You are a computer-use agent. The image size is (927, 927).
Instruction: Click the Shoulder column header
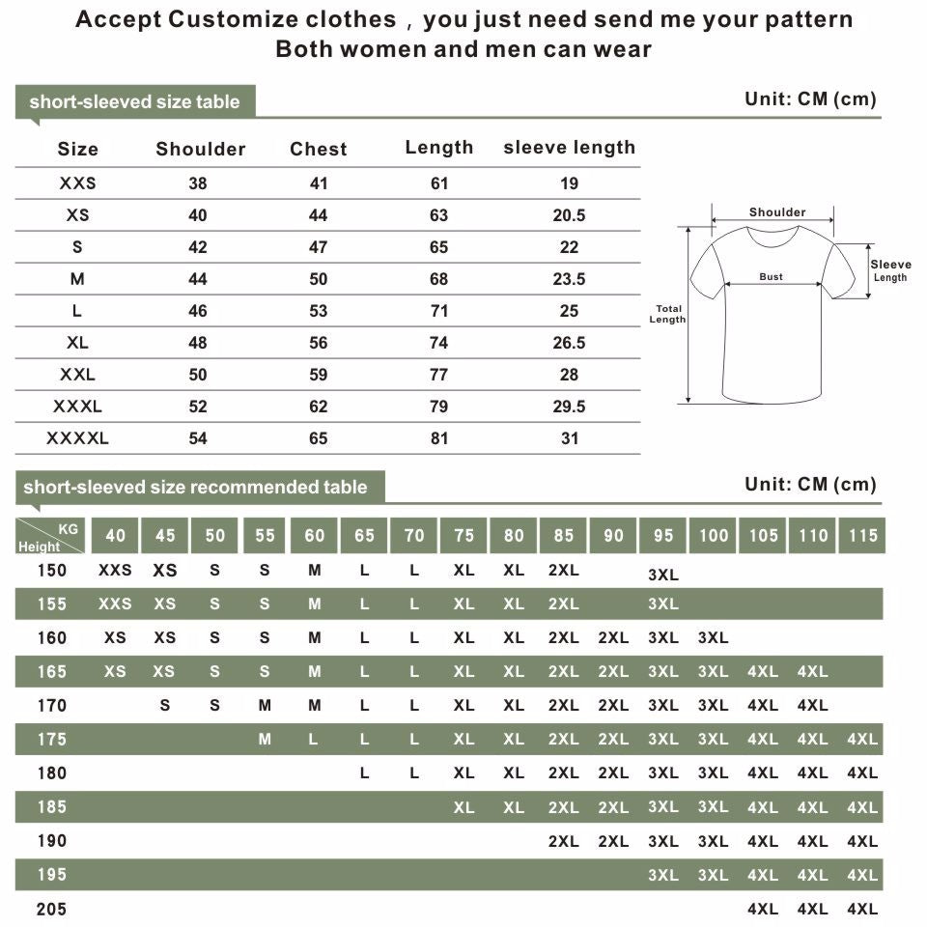click(x=201, y=149)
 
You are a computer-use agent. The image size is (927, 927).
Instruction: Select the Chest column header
click(x=319, y=149)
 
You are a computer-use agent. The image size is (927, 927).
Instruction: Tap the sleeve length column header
click(x=570, y=148)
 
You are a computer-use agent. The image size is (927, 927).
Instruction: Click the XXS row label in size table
click(x=77, y=183)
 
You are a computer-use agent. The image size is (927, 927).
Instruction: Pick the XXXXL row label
click(x=77, y=438)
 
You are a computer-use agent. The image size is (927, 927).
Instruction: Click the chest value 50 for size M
click(x=319, y=279)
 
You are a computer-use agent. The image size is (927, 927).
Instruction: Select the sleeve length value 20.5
click(x=570, y=215)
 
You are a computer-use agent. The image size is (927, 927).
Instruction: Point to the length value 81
click(x=439, y=438)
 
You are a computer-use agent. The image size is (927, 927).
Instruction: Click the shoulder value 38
click(x=198, y=183)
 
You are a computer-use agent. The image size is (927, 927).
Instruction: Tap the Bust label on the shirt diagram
click(x=771, y=277)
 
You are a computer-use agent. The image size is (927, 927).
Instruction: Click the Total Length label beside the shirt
click(x=667, y=315)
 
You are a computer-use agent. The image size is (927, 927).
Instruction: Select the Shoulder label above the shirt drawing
click(x=777, y=212)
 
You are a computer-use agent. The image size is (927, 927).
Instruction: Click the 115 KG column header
click(x=862, y=536)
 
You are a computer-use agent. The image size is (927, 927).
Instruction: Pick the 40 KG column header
click(x=115, y=536)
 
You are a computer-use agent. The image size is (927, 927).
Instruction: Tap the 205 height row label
click(x=52, y=909)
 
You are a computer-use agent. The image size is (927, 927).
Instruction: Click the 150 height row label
click(x=52, y=571)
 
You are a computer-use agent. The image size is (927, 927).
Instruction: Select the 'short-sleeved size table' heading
click(x=134, y=102)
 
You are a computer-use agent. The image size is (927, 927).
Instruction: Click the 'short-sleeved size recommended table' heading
click(x=195, y=488)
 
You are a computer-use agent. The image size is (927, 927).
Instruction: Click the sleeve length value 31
click(x=570, y=438)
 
